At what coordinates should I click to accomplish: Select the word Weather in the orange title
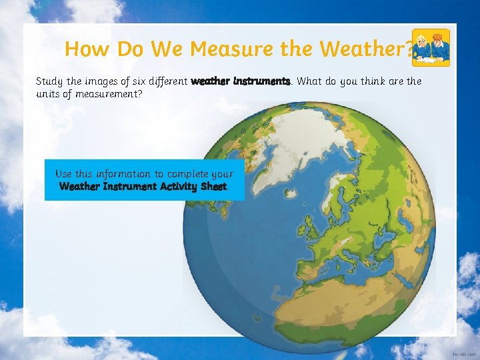pos(363,49)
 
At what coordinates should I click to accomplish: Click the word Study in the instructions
pos(49,81)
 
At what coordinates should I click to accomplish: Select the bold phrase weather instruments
pos(241,81)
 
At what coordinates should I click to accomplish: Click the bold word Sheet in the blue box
pos(213,186)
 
